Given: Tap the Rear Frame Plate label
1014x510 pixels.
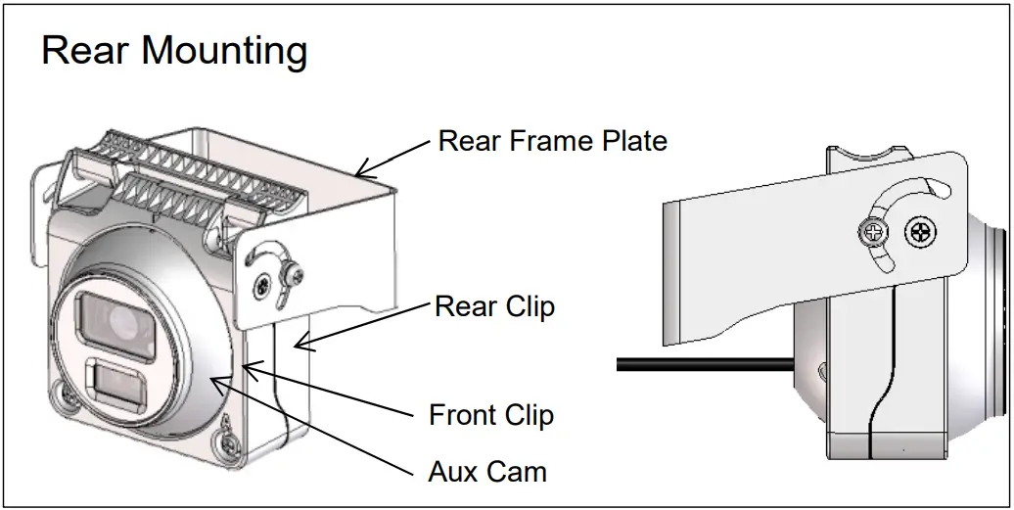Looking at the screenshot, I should [x=552, y=141].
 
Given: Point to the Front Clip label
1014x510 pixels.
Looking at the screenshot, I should [x=491, y=415].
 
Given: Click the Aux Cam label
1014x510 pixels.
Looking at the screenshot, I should [x=487, y=472].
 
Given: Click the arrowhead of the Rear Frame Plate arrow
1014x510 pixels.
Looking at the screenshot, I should [x=361, y=171].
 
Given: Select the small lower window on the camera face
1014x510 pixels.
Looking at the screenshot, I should [x=115, y=385].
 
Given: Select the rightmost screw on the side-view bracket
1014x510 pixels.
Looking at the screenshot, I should [x=920, y=233].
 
